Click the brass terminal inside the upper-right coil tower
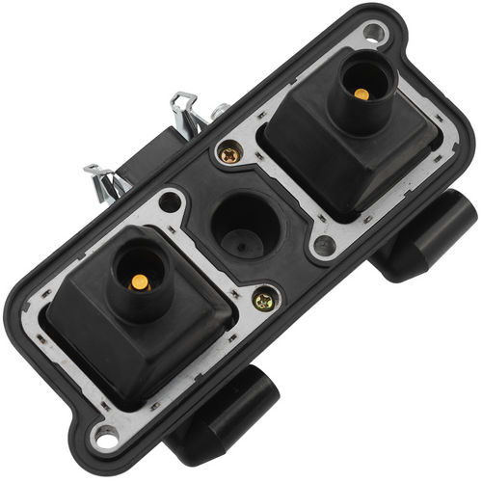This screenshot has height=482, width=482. coord(361,94)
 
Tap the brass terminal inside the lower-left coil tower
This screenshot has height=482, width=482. coord(140,282)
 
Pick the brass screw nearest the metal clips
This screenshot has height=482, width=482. coord(229,153)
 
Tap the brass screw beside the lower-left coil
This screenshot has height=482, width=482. coord(262,301)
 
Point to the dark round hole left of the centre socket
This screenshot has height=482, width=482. coord(171,202)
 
